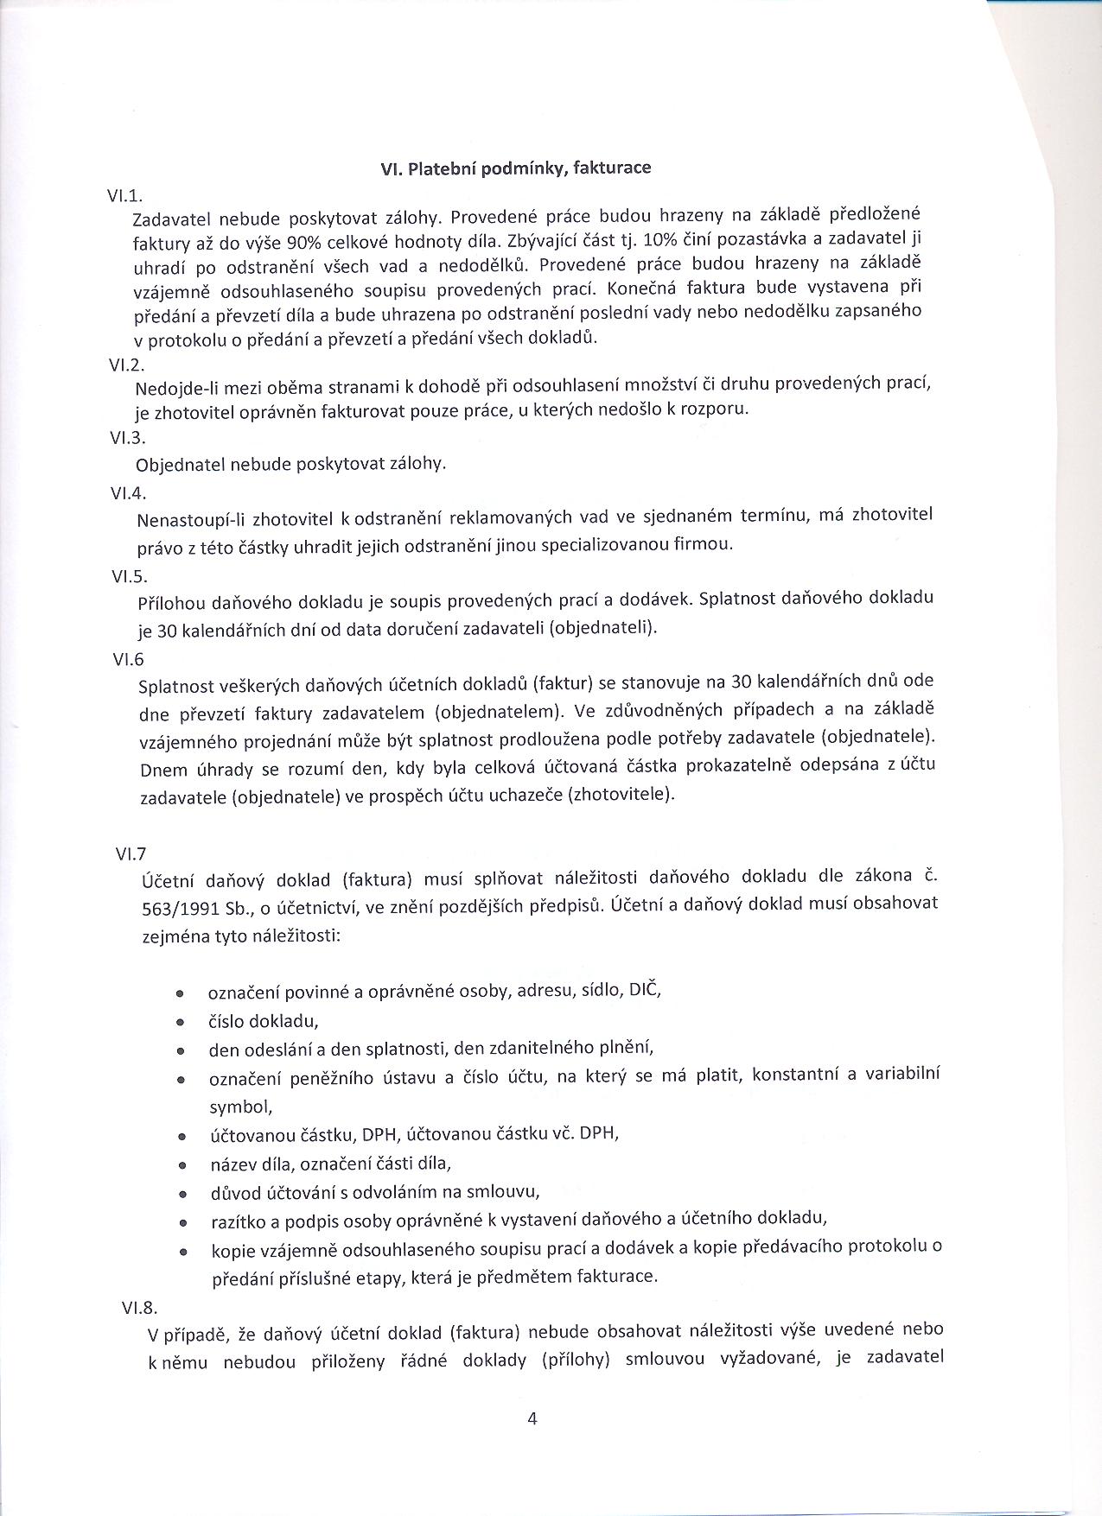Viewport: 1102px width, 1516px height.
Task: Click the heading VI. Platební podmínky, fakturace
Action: [x=515, y=168]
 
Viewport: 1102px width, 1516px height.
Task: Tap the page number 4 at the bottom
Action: [x=532, y=1418]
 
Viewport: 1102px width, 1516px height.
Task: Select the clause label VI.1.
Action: [x=124, y=197]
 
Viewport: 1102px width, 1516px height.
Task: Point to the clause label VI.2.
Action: [x=126, y=365]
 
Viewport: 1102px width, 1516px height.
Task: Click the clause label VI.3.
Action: [x=127, y=438]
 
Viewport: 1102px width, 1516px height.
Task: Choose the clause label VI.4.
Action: [x=128, y=493]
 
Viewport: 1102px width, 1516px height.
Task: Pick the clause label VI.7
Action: [x=131, y=853]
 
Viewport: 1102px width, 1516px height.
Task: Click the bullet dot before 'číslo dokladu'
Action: [x=180, y=1022]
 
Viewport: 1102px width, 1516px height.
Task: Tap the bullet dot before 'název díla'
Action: [x=182, y=1165]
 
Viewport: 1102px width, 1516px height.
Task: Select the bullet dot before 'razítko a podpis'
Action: [x=182, y=1222]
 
